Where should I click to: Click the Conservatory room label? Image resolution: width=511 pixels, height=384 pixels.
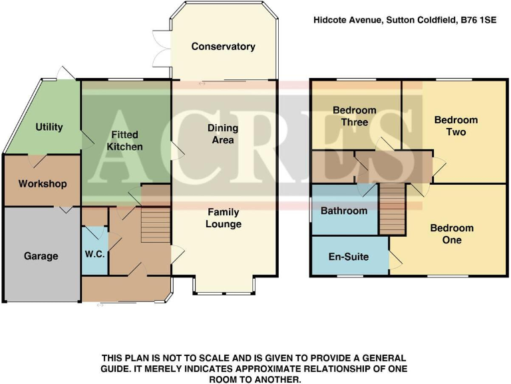[223, 47]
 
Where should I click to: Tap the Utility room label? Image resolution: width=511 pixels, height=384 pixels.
[49, 127]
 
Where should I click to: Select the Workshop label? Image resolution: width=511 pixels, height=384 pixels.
[43, 183]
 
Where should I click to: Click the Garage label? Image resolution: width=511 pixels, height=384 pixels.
[41, 256]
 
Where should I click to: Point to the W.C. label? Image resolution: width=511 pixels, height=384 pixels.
[94, 253]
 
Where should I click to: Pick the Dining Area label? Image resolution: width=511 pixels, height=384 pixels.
[222, 134]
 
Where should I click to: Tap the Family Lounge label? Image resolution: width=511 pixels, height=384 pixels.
[223, 218]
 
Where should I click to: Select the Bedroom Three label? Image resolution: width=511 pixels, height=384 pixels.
[355, 116]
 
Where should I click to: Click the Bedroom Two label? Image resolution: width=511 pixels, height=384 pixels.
[456, 126]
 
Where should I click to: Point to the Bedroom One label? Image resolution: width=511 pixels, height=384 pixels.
[452, 234]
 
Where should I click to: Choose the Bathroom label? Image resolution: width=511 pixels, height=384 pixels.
[344, 211]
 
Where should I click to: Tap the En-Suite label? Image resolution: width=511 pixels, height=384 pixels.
[349, 257]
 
